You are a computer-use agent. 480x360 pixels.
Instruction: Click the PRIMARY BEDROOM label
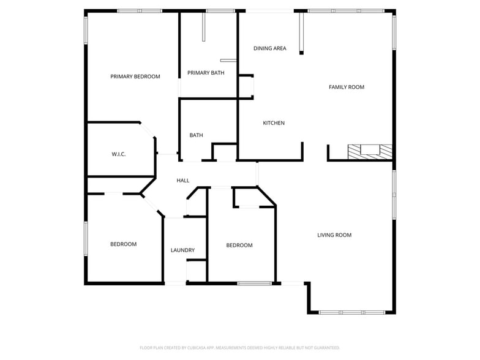point(135,77)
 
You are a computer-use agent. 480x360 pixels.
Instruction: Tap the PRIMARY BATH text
point(206,73)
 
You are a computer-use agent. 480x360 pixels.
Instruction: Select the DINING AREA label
point(270,48)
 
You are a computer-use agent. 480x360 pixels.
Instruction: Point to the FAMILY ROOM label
point(347,87)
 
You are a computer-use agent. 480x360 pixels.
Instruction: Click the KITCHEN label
point(274,123)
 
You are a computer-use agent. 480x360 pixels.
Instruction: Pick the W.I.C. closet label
point(119,154)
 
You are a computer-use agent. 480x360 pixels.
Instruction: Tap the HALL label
point(183,181)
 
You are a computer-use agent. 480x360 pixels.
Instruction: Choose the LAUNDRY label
point(182,250)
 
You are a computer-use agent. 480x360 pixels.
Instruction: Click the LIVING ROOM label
point(334,235)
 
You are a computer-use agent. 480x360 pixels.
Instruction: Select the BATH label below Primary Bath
point(196,135)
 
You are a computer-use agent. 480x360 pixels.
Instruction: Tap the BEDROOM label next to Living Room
point(239,246)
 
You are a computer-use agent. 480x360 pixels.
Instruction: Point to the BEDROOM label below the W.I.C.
point(123,244)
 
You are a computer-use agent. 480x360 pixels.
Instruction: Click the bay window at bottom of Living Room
point(352,312)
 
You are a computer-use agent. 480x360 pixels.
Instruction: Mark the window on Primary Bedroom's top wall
point(140,11)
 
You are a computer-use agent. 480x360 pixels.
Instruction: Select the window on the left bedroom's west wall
point(86,238)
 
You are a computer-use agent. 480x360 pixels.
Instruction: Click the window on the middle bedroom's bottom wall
point(254,283)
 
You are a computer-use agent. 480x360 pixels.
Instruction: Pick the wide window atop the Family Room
point(346,11)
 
